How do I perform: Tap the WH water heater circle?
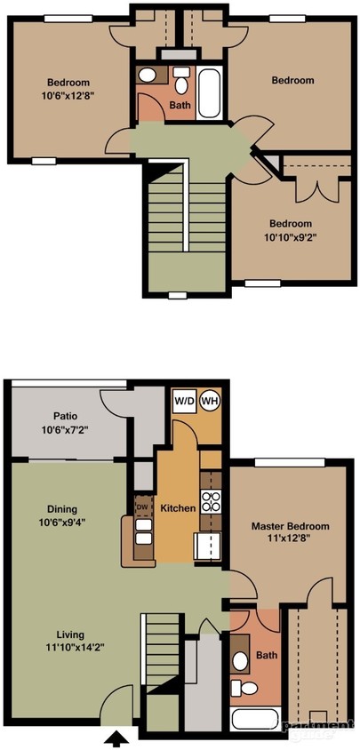point(210,401)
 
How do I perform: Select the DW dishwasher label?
point(141,507)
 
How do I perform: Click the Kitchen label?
point(178,507)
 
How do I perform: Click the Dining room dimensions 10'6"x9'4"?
point(62,523)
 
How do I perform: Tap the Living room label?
point(69,634)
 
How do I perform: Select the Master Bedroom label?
point(291,526)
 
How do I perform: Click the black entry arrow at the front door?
point(116,737)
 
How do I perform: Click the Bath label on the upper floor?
point(179,105)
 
